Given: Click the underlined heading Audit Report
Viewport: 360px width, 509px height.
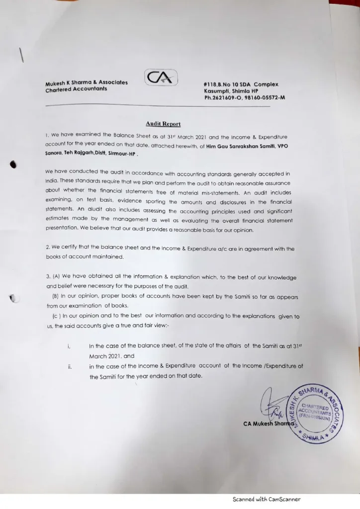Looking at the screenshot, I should [163, 124].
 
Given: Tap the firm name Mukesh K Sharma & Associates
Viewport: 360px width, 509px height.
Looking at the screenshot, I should [87, 83].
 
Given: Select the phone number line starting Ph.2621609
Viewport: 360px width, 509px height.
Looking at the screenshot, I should [245, 98].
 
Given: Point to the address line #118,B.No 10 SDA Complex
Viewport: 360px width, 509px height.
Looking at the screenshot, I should [241, 85].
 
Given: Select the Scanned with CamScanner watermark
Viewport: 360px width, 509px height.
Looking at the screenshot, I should [267, 500].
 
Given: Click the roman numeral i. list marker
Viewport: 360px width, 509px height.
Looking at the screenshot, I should [69, 346].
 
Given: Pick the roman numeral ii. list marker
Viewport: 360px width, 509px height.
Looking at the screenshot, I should [70, 367].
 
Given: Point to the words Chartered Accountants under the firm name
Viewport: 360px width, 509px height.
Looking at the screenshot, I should [76, 89].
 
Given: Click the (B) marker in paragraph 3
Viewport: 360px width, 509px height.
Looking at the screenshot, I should [56, 297].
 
